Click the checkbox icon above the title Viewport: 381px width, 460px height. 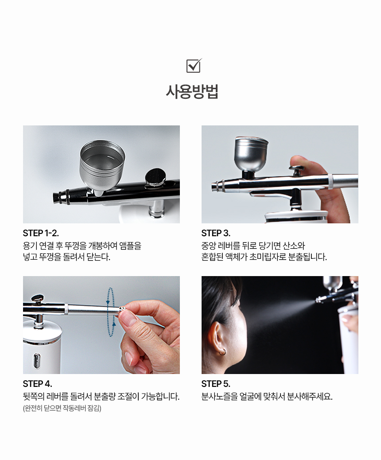194,66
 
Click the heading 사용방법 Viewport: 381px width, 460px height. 192,92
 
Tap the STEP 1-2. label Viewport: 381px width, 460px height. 41,233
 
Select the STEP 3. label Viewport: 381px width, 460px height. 216,233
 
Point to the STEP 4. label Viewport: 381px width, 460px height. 38,384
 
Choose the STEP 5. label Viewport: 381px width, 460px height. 216,384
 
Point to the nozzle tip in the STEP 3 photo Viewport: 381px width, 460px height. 218,186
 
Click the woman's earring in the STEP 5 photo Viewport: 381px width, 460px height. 223,352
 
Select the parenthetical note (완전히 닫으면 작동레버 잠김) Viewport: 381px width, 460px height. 62,408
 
